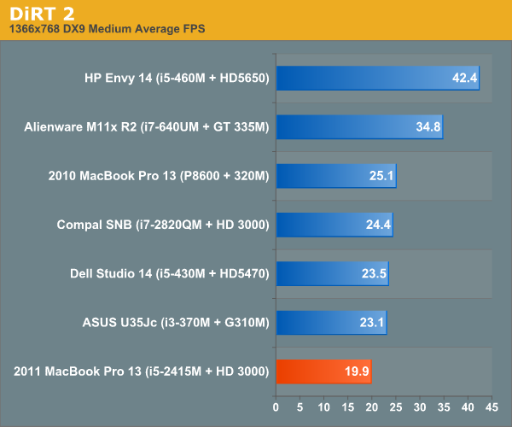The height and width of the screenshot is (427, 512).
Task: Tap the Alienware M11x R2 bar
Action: coord(358,127)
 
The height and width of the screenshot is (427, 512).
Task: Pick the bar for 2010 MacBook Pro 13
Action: coord(335,177)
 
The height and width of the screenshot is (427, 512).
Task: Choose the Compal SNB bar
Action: coord(334,225)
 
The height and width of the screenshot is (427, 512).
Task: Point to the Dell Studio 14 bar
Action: coord(331,274)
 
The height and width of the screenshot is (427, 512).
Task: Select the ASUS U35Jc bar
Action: coord(330,323)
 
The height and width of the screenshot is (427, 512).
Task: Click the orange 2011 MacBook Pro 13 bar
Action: coord(323,371)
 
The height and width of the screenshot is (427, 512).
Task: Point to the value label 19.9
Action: coord(357,372)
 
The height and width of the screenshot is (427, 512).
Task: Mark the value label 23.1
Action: coord(372,324)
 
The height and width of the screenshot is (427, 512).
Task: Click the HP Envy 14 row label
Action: coord(177,79)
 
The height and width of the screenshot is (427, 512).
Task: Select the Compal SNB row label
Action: coord(163,225)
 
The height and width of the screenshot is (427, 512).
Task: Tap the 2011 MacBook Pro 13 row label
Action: coord(142,371)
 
